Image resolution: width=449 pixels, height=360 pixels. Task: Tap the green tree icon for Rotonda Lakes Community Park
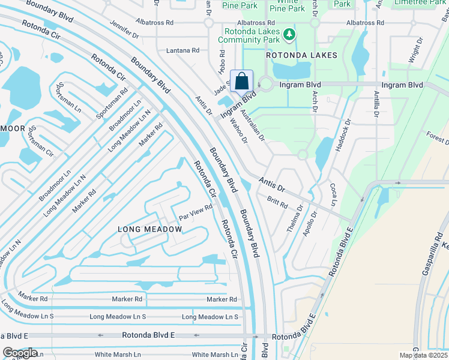coord(290,35)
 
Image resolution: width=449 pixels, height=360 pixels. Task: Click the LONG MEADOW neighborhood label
coord(149,229)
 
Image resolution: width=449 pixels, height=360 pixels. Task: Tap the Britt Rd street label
coord(277,203)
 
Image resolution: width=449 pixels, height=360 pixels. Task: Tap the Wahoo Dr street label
coord(238,131)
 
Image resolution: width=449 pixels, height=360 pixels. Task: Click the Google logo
coord(20,353)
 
